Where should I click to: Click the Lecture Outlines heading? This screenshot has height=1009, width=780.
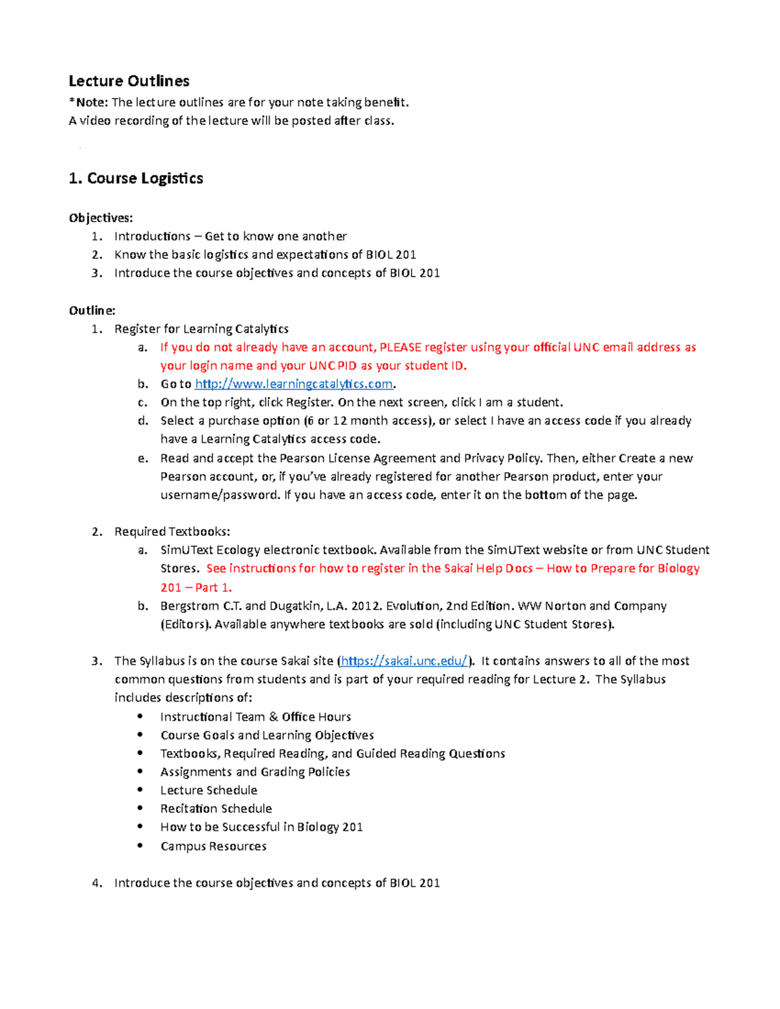tap(129, 81)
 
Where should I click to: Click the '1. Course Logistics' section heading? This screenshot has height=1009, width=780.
tap(136, 179)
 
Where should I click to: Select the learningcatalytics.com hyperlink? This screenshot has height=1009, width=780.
tap(294, 384)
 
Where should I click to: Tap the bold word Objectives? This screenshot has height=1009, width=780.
tap(101, 218)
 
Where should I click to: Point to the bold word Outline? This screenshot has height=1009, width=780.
tap(92, 311)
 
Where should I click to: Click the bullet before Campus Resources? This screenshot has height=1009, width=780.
tap(140, 845)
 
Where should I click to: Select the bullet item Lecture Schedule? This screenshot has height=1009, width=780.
tap(209, 790)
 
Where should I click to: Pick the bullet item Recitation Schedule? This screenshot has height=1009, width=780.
tap(216, 808)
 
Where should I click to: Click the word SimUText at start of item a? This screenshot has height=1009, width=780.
tap(187, 550)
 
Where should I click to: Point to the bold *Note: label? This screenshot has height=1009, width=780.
tap(88, 102)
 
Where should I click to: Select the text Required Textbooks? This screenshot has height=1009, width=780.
tap(172, 531)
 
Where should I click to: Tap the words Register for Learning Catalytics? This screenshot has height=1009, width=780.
tap(201, 329)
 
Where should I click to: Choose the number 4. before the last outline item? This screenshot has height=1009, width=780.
tap(97, 882)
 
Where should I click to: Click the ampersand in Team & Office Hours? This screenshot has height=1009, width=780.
tap(273, 717)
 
